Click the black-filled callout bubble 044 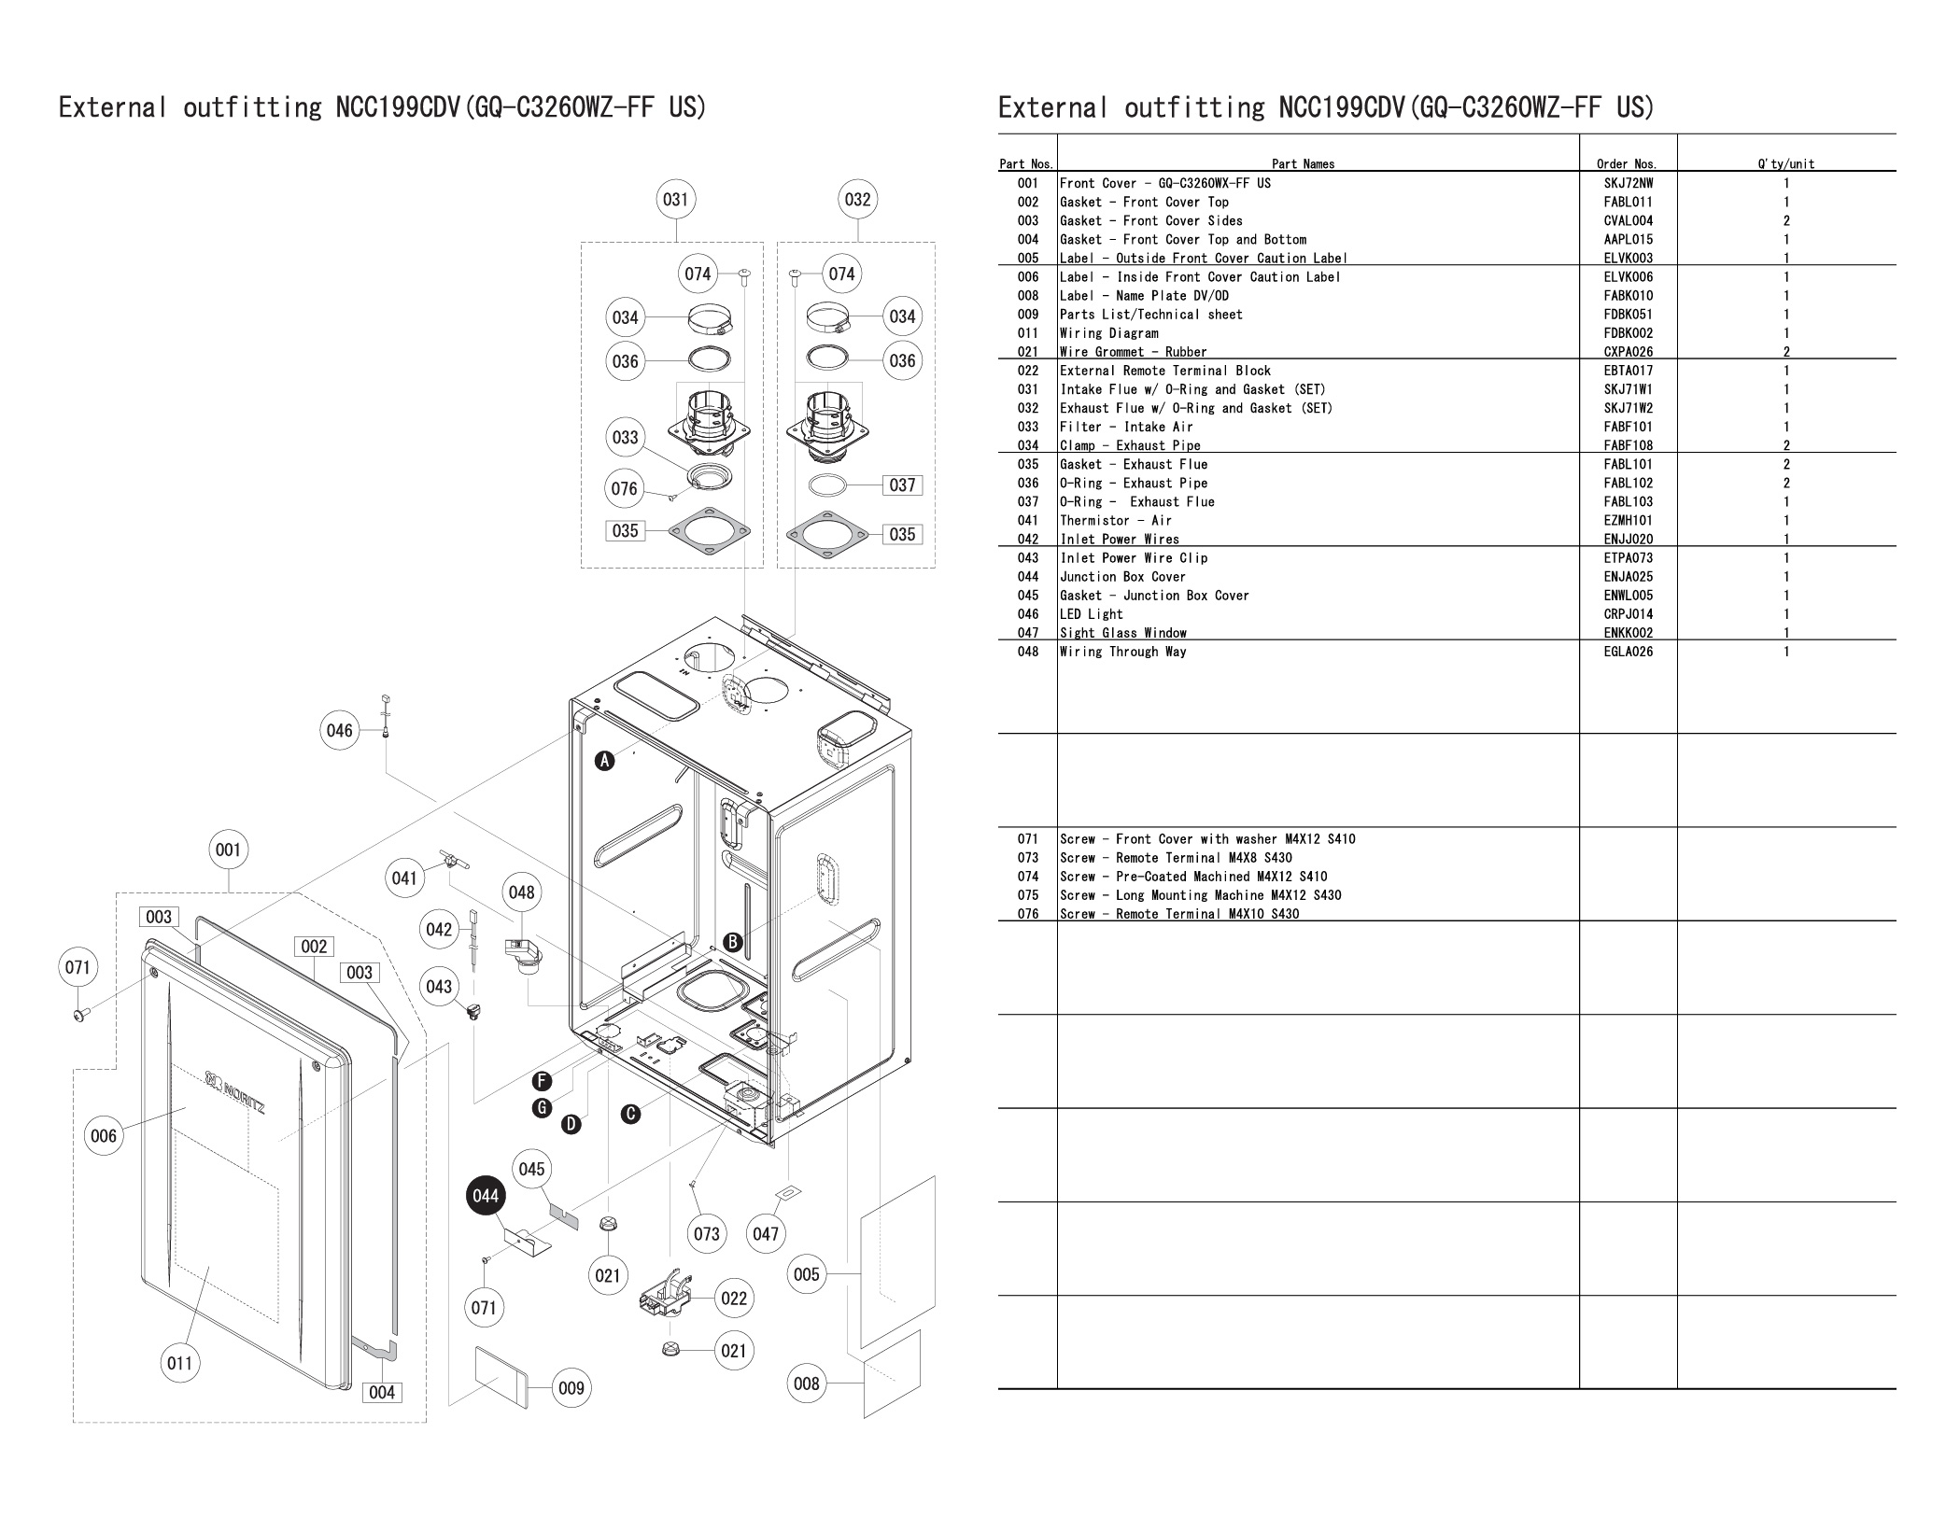click(486, 1197)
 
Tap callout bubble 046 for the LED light click(340, 730)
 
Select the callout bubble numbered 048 click(521, 892)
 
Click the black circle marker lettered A click(605, 761)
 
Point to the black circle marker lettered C click(631, 1114)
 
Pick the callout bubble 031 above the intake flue click(675, 199)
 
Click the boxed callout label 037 click(902, 485)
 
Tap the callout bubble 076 click(625, 488)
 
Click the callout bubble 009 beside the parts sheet click(571, 1388)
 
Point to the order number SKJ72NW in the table click(1628, 184)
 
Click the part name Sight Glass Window click(1123, 633)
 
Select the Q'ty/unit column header click(1785, 164)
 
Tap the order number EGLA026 click(1628, 652)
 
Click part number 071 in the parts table click(1028, 839)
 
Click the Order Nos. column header click(1628, 164)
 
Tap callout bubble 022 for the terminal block click(734, 1299)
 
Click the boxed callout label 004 click(382, 1393)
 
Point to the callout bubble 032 click(857, 199)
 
